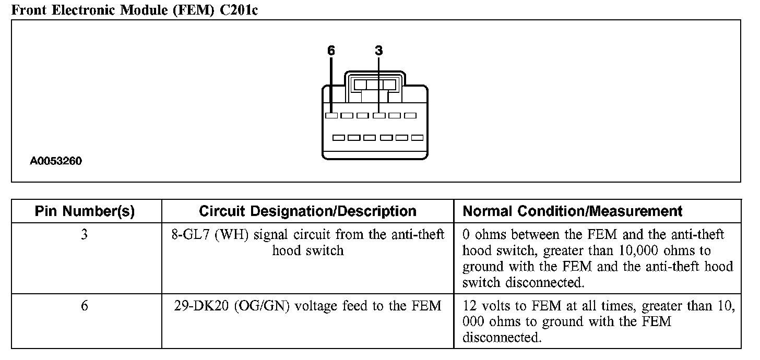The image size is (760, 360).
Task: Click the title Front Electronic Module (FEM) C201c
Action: point(134,10)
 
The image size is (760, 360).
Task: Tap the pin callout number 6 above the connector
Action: point(331,51)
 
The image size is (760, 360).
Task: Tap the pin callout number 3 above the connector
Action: point(379,51)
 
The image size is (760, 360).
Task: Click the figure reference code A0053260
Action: point(56,161)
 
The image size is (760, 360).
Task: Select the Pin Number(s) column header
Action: point(85,211)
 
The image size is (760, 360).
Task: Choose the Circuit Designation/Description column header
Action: point(307,211)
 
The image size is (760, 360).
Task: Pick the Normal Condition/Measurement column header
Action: point(573,211)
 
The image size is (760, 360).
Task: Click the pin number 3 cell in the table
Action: point(85,235)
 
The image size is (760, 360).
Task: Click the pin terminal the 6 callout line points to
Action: point(331,115)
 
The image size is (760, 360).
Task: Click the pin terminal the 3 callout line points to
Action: point(379,115)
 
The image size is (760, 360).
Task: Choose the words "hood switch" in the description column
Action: point(307,250)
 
